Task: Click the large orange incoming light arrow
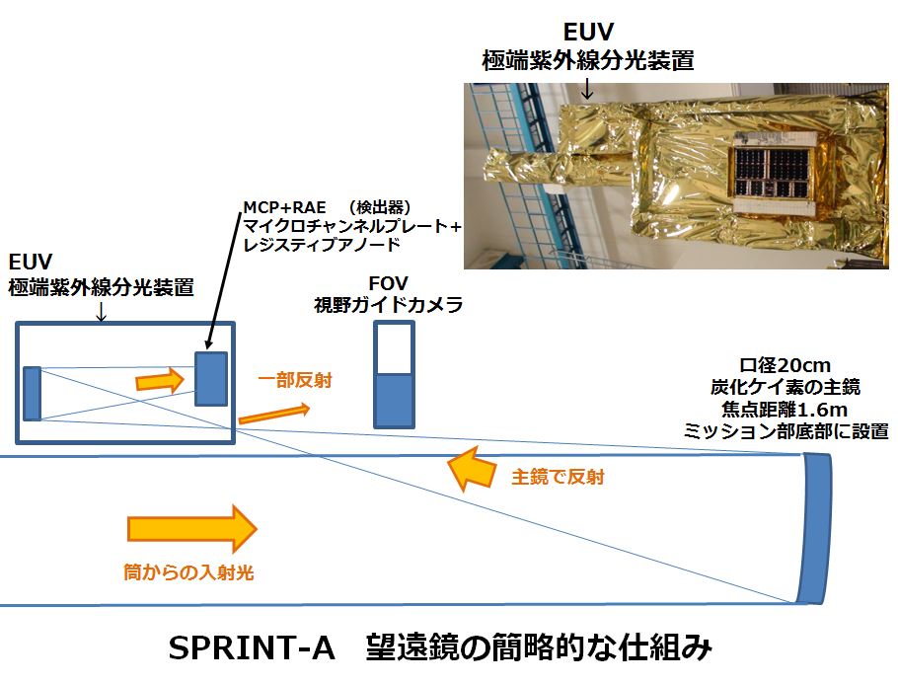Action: click(191, 528)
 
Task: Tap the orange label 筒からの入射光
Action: click(189, 571)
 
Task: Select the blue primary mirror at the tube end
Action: click(815, 528)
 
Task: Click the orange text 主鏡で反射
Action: click(558, 477)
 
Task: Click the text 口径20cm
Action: click(785, 365)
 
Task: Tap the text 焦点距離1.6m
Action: click(785, 410)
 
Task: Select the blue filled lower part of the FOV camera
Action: click(394, 401)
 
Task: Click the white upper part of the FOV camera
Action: click(394, 348)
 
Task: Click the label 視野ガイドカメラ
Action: click(388, 305)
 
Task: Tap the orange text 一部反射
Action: click(295, 380)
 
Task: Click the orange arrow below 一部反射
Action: click(273, 413)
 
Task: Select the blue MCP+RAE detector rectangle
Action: click(211, 379)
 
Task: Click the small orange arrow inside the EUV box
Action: click(160, 380)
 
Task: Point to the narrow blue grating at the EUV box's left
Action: click(32, 393)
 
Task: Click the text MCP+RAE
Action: click(284, 207)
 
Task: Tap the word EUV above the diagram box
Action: click(31, 263)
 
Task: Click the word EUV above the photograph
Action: click(588, 33)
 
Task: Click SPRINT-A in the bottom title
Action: click(251, 648)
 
